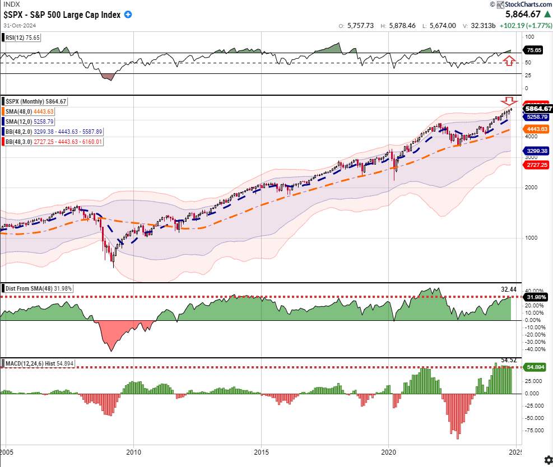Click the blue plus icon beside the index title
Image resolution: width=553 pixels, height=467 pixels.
tap(128, 15)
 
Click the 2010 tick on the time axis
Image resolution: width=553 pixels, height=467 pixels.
tap(133, 451)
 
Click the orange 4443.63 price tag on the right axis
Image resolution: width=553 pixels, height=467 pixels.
tap(537, 128)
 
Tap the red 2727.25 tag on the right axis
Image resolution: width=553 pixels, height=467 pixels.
tap(537, 166)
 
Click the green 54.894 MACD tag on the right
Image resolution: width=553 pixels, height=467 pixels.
tap(537, 367)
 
